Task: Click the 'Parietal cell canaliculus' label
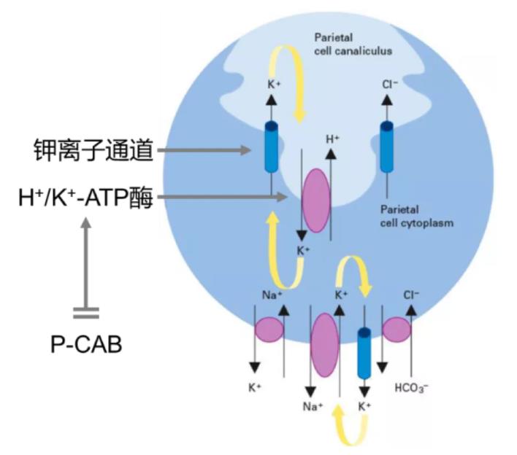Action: tap(353, 44)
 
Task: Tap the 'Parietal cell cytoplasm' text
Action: tap(412, 217)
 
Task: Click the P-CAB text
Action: tap(86, 342)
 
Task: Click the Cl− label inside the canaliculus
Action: tap(390, 84)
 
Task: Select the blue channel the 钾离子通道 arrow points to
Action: tap(271, 148)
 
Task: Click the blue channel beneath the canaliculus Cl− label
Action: tap(388, 148)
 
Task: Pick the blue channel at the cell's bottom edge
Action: tap(363, 352)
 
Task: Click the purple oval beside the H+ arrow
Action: tap(316, 199)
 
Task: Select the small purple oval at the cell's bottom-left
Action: tap(269, 330)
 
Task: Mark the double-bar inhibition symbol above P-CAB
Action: tap(85, 313)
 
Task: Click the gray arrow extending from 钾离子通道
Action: tap(204, 151)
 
